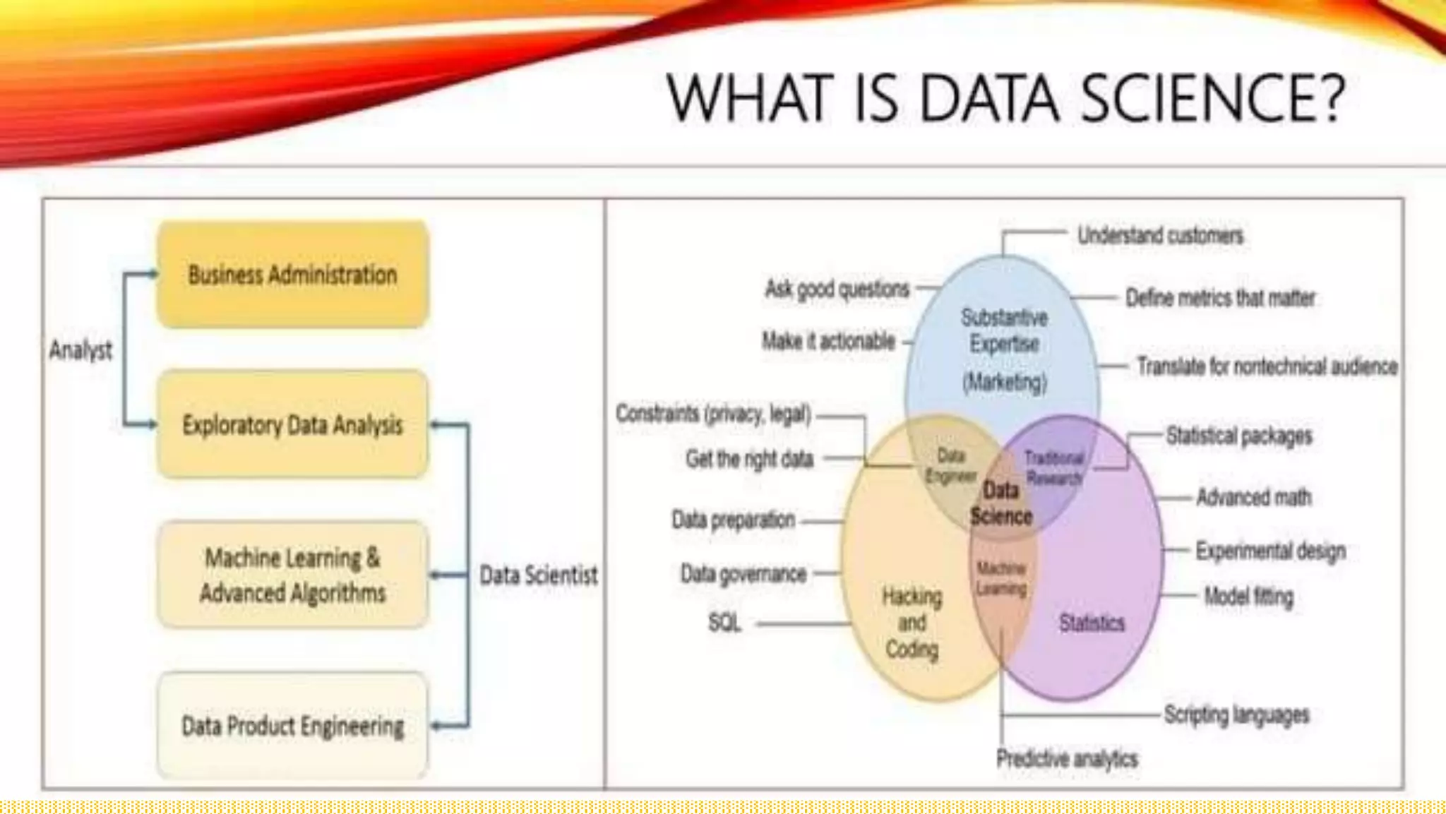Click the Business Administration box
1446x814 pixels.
pyautogui.click(x=292, y=275)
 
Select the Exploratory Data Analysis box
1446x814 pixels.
pyautogui.click(x=292, y=425)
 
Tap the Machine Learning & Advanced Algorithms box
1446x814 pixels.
pyautogui.click(x=292, y=575)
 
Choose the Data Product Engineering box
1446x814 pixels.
pyautogui.click(x=292, y=726)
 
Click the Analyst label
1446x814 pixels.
pyautogui.click(x=80, y=349)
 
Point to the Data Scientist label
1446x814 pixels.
pyautogui.click(x=538, y=575)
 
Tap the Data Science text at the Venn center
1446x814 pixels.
pyautogui.click(x=1001, y=503)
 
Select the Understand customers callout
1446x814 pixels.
pyautogui.click(x=1160, y=235)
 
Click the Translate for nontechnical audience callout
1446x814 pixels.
pyautogui.click(x=1267, y=366)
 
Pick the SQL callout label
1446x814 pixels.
pyautogui.click(x=724, y=623)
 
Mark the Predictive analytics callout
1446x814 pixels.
pyautogui.click(x=1067, y=759)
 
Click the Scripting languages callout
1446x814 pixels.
pyautogui.click(x=1236, y=714)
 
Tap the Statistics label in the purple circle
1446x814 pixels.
pyautogui.click(x=1092, y=623)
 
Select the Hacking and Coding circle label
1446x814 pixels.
pyautogui.click(x=912, y=623)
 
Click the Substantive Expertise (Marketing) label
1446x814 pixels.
pyautogui.click(x=1004, y=349)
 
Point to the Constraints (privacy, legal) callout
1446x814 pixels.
pyautogui.click(x=713, y=413)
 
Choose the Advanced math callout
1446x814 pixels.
pyautogui.click(x=1253, y=497)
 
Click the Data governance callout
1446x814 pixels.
pyautogui.click(x=743, y=573)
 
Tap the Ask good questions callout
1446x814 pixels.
pyautogui.click(x=837, y=289)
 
